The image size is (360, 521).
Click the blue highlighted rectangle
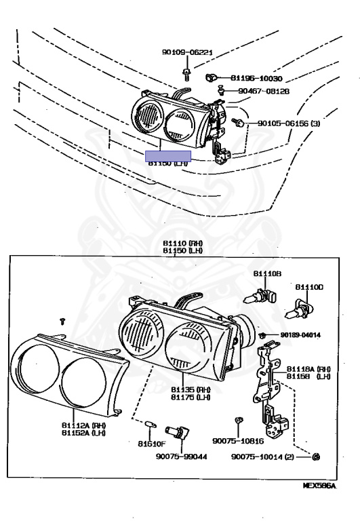coord(168,157)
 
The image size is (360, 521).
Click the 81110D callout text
coord(309,287)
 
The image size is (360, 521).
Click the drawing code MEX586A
coord(319,486)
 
